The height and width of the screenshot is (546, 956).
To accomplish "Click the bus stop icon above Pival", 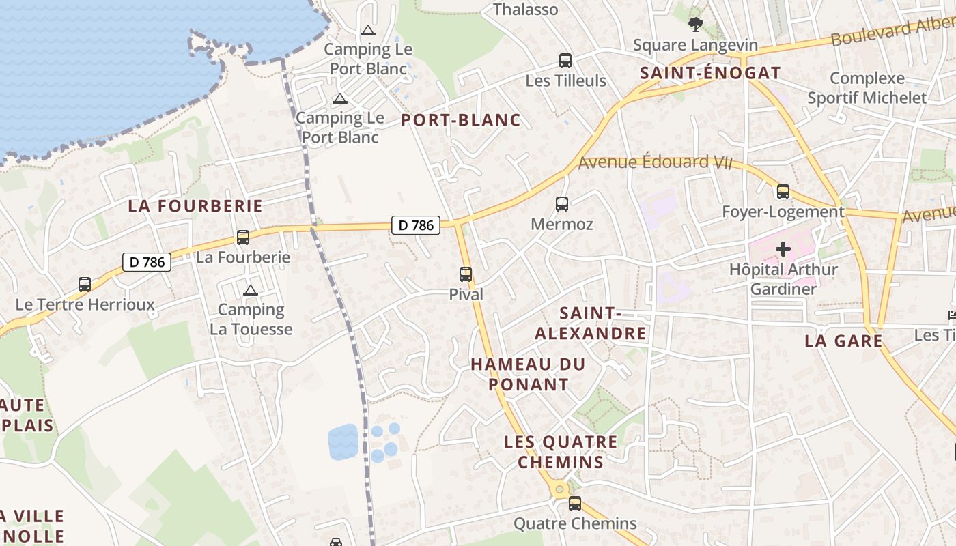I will pos(466,274).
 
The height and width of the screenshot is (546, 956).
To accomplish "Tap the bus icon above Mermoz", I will pos(562,203).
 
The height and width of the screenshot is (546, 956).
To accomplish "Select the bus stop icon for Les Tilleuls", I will pos(565,60).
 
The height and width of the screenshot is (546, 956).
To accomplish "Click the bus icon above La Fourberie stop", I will pos(243,238).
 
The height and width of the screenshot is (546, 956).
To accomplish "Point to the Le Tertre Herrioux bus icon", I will pos(85,284).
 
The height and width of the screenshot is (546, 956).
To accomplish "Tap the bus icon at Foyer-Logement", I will pos(783,192).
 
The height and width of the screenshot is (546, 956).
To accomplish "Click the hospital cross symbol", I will pos(783,249).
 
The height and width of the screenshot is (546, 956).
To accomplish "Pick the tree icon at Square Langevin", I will pos(696,25).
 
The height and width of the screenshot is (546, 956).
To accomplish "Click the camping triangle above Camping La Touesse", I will pos(251,290).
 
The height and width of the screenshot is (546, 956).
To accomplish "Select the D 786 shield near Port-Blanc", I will pos(416,225).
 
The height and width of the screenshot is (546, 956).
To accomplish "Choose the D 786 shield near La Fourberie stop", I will pos(147,261).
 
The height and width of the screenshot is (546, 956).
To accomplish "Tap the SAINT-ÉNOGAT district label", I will pos(709,73).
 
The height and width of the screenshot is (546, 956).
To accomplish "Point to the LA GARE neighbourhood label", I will pos(843,341).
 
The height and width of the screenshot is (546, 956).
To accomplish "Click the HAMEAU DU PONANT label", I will pos(528,374).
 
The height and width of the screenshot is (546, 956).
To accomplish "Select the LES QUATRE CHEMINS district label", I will pos(561,452).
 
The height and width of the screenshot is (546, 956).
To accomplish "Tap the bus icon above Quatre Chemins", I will pos(575,504).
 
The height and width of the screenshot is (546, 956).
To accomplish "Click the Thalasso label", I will pos(525,10).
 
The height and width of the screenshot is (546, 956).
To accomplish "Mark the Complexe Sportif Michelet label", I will pos(867,88).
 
